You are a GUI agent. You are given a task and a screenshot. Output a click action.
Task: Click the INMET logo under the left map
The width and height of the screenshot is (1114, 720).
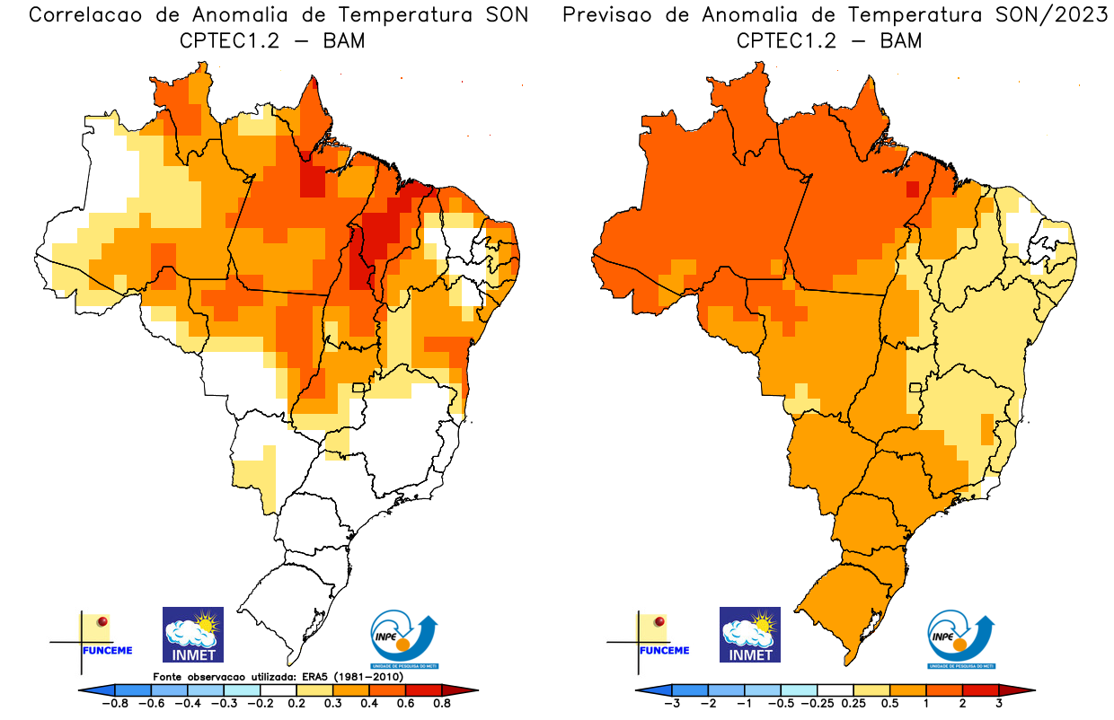click(x=192, y=634)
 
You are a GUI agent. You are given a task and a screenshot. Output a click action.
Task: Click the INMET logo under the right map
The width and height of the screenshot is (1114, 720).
click(x=750, y=634)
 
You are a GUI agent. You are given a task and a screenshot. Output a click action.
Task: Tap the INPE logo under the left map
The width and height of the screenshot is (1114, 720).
click(x=404, y=639)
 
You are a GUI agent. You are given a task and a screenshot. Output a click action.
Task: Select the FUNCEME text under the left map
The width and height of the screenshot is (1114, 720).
click(x=108, y=650)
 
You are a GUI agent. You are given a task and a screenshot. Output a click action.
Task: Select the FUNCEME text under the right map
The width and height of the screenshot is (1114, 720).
click(x=665, y=650)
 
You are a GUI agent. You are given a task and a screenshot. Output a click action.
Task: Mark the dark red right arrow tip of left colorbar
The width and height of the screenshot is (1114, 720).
click(x=467, y=689)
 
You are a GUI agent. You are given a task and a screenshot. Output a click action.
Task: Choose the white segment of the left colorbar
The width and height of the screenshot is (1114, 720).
click(x=278, y=689)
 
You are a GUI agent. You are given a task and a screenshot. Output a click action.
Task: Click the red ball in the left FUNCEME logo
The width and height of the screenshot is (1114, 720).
click(x=102, y=621)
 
